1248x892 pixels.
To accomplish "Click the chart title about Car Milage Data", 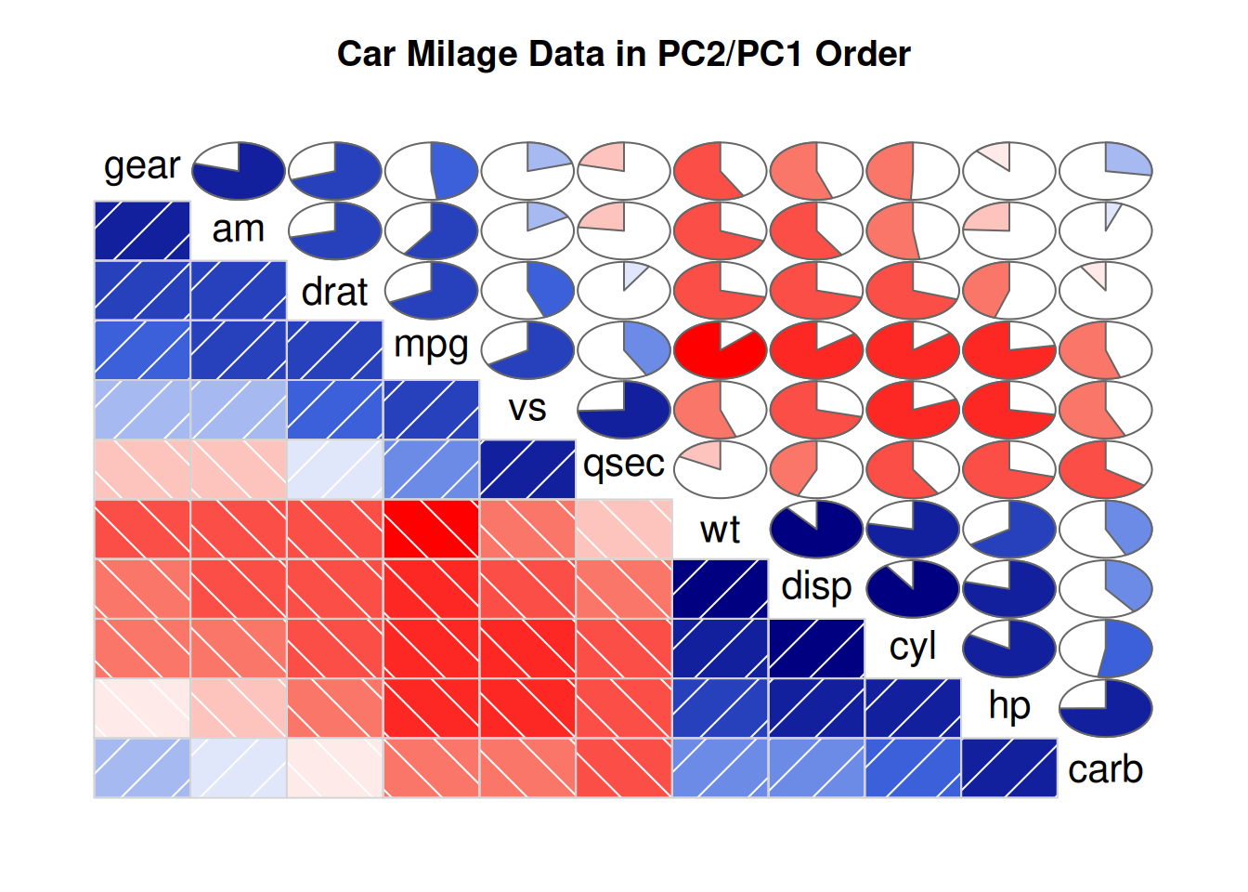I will click(623, 54).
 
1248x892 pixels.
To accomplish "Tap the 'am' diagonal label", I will click(239, 229).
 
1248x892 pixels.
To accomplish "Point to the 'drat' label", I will click(334, 292).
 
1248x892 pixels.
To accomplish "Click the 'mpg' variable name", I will click(431, 346).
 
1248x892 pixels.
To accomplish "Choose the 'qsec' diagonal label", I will click(623, 463).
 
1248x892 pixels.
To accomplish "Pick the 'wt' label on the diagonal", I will click(720, 530).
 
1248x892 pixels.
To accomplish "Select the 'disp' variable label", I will click(816, 587).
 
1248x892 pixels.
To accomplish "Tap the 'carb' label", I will click(1105, 769).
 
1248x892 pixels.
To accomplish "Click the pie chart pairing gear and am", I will click(239, 171).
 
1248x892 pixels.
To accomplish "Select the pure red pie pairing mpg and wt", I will click(720, 350).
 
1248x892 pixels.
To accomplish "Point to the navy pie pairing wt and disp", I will click(816, 530).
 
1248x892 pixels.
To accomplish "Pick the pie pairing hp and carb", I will click(1105, 708).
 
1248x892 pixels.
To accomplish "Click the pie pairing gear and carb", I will click(1105, 171).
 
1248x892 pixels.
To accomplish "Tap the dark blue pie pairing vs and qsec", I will click(623, 410).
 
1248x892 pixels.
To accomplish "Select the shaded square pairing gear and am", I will click(142, 231).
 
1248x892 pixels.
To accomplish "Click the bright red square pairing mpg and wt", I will click(431, 530).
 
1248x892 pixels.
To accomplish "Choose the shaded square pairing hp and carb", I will click(1008, 767).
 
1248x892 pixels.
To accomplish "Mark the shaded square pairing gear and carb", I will click(142, 767).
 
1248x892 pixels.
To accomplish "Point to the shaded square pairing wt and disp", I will click(720, 589).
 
